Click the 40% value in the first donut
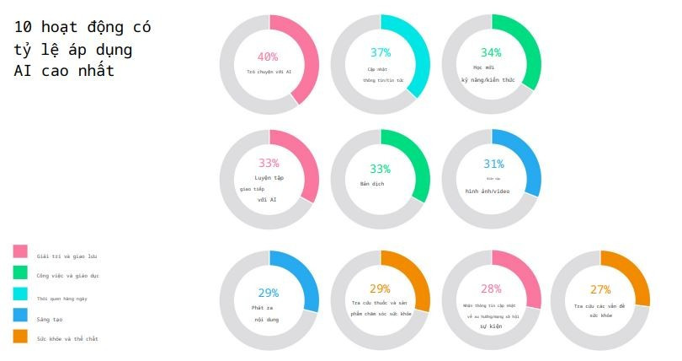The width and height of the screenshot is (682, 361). pyautogui.click(x=268, y=57)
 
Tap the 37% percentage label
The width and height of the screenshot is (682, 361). pyautogui.click(x=381, y=52)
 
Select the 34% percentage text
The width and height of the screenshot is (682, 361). pyautogui.click(x=491, y=52)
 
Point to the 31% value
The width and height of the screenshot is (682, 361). pyautogui.click(x=493, y=164)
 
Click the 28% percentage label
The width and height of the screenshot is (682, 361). pyautogui.click(x=491, y=288)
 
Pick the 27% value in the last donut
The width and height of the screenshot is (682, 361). pyautogui.click(x=600, y=288)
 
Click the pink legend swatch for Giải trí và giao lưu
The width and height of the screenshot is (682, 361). pyautogui.click(x=20, y=251)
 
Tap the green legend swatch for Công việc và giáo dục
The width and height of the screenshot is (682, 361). pyautogui.click(x=20, y=272)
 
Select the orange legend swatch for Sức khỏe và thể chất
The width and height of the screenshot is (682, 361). pyautogui.click(x=20, y=337)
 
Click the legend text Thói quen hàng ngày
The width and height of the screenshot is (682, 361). pyautogui.click(x=62, y=298)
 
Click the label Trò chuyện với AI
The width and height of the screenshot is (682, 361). pyautogui.click(x=269, y=72)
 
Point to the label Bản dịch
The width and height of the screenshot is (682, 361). pyautogui.click(x=372, y=183)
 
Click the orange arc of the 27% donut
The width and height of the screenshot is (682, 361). pyautogui.click(x=637, y=274)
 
